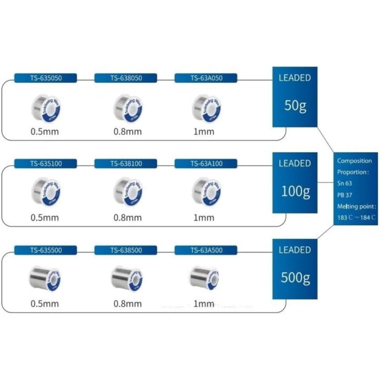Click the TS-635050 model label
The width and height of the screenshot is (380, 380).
pos(46,78)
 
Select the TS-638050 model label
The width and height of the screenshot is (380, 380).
pos(126,78)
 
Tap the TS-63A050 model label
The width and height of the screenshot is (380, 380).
pos(206,78)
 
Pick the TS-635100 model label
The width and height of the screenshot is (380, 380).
pos(46,164)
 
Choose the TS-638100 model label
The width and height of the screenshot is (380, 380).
pos(126,164)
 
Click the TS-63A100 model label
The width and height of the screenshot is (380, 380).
pos(206,164)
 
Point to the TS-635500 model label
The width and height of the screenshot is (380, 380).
pos(46,250)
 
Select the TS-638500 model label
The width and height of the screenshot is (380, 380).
pos(126,250)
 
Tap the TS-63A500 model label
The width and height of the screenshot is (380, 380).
pos(206,250)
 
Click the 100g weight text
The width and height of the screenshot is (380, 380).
pos(295,191)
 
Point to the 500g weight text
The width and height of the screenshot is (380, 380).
pos(295,278)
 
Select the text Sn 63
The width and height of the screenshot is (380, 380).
pos(345,183)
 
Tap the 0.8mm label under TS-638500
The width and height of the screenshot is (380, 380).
pos(127,304)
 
